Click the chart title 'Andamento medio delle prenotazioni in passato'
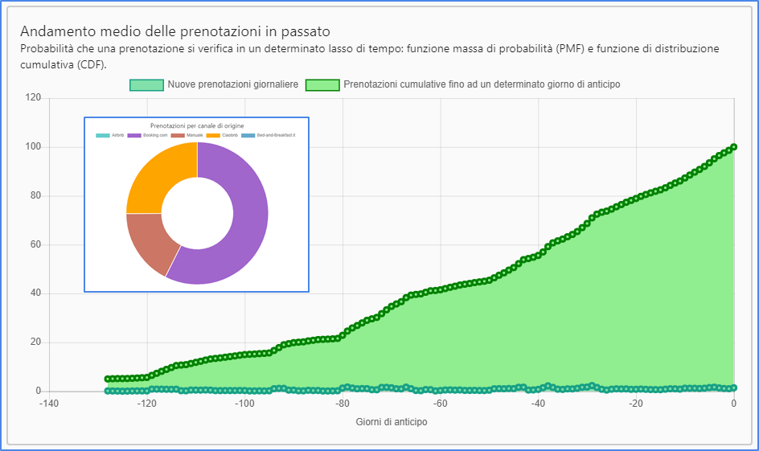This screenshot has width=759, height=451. pyautogui.click(x=174, y=32)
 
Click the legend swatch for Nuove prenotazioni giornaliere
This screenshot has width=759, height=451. pyautogui.click(x=146, y=84)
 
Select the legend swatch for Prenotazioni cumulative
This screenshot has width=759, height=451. pyautogui.click(x=322, y=84)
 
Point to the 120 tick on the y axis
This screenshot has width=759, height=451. pyautogui.click(x=34, y=98)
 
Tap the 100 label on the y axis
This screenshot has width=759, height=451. pyautogui.click(x=34, y=147)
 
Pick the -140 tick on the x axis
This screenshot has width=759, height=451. pyautogui.click(x=50, y=404)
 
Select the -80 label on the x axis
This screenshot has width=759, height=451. pyautogui.click(x=343, y=404)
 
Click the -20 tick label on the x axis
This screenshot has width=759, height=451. pyautogui.click(x=636, y=404)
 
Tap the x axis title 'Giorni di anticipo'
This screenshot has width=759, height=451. pyautogui.click(x=392, y=421)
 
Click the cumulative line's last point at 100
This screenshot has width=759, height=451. pyautogui.click(x=734, y=147)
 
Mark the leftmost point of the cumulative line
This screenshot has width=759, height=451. pyautogui.click(x=108, y=379)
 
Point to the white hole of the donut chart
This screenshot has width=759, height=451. pyautogui.click(x=197, y=213)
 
